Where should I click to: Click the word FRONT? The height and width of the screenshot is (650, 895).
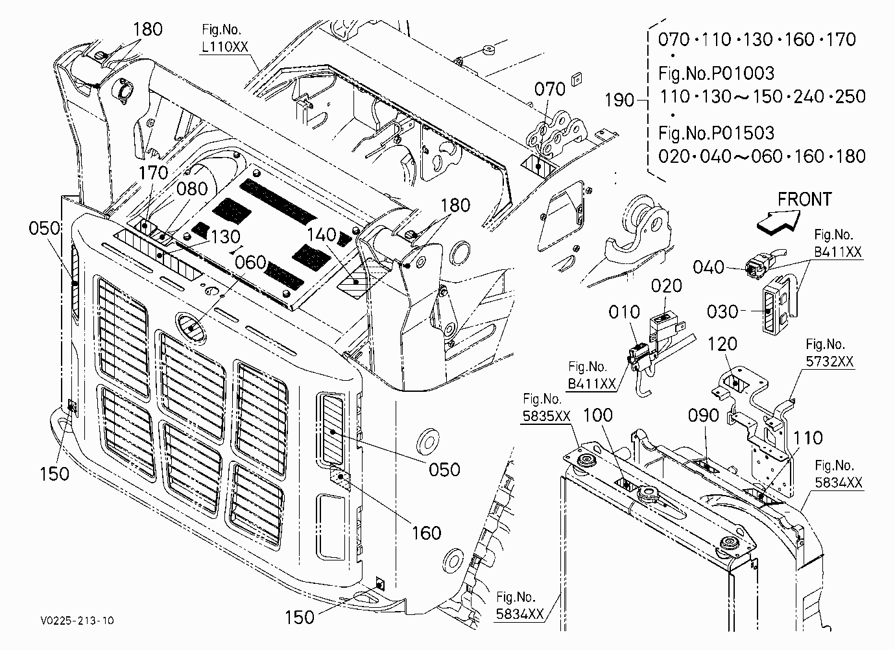(805, 199)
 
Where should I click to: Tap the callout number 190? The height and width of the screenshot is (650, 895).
(619, 100)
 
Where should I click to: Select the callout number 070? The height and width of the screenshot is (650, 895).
(550, 89)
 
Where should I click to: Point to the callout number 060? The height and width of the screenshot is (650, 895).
(250, 263)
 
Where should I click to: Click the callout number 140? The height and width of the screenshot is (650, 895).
(322, 235)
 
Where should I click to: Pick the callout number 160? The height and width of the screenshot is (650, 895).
(426, 533)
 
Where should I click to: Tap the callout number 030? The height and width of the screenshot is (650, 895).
(722, 311)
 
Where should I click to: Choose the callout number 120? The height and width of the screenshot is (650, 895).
(722, 344)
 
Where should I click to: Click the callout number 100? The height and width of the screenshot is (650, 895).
(598, 415)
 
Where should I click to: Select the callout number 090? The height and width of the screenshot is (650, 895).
(704, 416)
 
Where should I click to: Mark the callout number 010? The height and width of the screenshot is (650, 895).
(624, 312)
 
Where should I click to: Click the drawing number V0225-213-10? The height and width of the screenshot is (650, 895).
(77, 620)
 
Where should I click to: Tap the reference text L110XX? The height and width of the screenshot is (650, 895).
(225, 47)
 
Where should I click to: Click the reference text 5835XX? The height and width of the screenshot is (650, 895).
(546, 416)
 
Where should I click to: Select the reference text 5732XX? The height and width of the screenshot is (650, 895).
(829, 361)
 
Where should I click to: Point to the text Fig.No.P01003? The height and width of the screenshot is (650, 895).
(717, 73)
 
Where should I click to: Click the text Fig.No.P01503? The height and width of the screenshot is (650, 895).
(717, 133)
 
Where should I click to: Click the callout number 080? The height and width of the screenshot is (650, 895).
(192, 189)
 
